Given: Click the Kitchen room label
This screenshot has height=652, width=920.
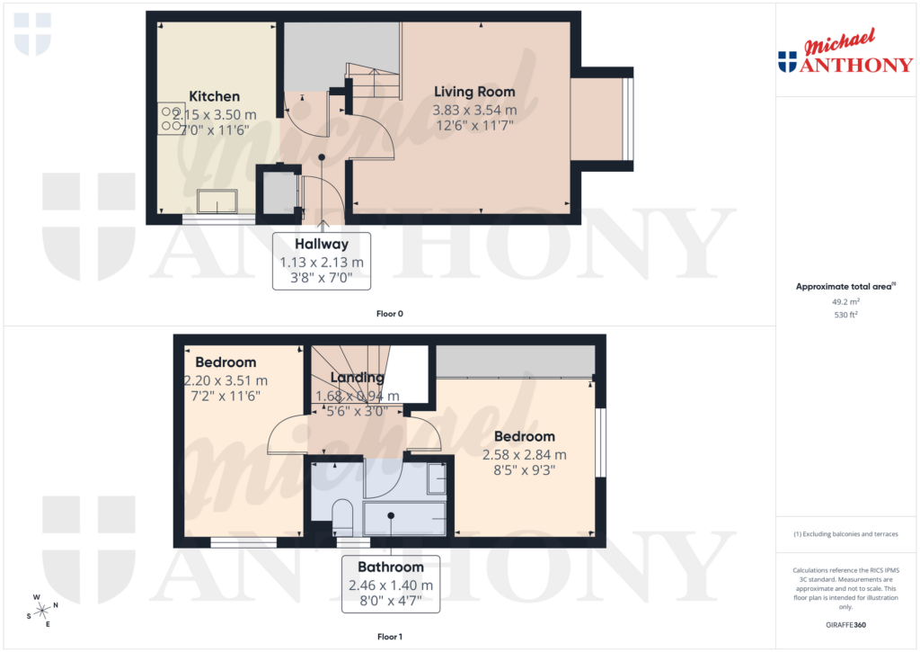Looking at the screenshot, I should pyautogui.click(x=214, y=96).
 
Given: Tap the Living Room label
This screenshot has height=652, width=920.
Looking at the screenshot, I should pyautogui.click(x=474, y=92).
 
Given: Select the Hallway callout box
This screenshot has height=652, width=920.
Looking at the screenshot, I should pyautogui.click(x=322, y=261).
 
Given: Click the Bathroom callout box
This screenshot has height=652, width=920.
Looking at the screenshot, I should pyautogui.click(x=391, y=584).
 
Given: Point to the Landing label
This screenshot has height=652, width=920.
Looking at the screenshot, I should pyautogui.click(x=358, y=378).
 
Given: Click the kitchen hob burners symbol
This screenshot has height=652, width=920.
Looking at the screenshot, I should pyautogui.click(x=171, y=117).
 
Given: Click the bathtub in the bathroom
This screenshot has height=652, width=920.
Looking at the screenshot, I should pyautogui.click(x=404, y=519).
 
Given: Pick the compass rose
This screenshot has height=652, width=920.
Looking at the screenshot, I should pyautogui.click(x=42, y=610).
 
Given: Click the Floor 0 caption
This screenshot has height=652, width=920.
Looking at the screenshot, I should pyautogui.click(x=389, y=314).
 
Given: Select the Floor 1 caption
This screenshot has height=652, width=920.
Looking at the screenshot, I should pyautogui.click(x=389, y=637).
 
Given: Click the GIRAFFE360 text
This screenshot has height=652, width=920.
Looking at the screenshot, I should pyautogui.click(x=846, y=624).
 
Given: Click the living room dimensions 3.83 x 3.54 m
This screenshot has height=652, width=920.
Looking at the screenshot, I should pyautogui.click(x=474, y=110).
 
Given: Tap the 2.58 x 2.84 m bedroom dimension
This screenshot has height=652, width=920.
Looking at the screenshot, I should pyautogui.click(x=525, y=454).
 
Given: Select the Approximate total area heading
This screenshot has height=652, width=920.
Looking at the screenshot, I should pyautogui.click(x=844, y=287).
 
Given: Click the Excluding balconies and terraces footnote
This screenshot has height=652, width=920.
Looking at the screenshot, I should pyautogui.click(x=845, y=534).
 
